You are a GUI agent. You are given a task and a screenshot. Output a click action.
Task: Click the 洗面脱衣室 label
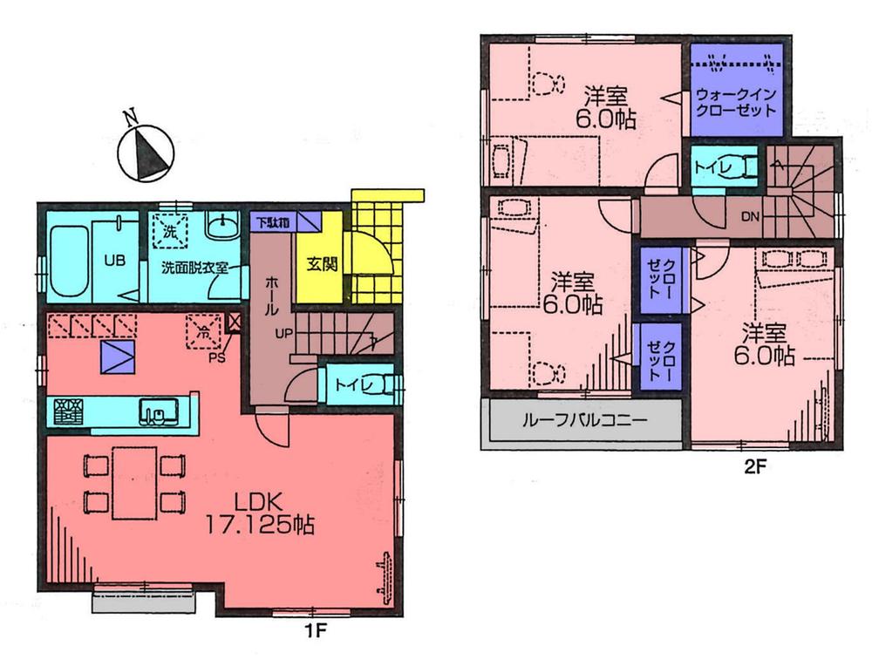pos(194,268)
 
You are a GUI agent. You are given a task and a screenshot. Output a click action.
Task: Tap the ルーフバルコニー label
pos(583,422)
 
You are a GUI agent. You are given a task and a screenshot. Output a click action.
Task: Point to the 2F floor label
pos(753,466)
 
